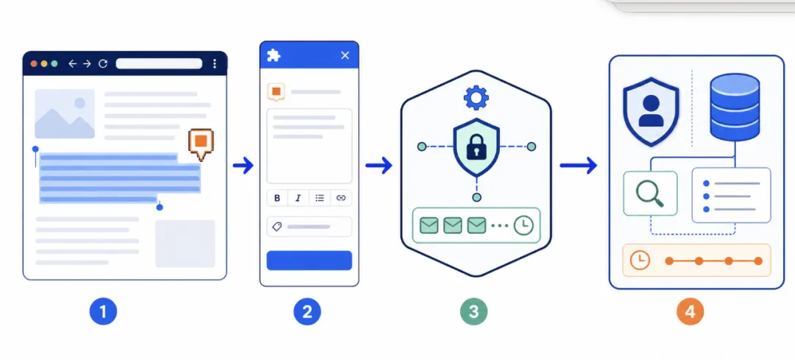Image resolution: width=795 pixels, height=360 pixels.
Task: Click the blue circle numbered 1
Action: pyautogui.click(x=104, y=311)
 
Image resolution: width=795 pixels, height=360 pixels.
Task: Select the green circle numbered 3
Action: pyautogui.click(x=473, y=311)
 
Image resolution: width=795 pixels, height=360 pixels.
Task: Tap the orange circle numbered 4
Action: pyautogui.click(x=690, y=311)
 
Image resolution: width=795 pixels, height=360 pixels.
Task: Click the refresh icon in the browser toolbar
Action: pyautogui.click(x=103, y=64)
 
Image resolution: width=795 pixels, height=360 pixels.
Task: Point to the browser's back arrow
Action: pyautogui.click(x=72, y=64)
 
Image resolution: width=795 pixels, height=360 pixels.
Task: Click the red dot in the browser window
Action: pyautogui.click(x=34, y=64)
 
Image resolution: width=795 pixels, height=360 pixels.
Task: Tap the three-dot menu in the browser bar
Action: pyautogui.click(x=214, y=63)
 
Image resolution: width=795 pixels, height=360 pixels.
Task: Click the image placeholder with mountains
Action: pyautogui.click(x=64, y=113)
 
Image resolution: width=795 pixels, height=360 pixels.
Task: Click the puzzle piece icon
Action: pyautogui.click(x=274, y=55)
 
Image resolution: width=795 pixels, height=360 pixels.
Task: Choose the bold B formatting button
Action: pyautogui.click(x=278, y=198)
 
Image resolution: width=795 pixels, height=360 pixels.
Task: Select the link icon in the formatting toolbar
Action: pyautogui.click(x=341, y=198)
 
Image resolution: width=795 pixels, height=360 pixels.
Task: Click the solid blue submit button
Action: pyautogui.click(x=309, y=260)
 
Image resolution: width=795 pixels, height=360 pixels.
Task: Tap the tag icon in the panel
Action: pyautogui.click(x=277, y=227)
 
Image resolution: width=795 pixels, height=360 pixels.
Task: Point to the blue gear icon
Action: pyautogui.click(x=476, y=98)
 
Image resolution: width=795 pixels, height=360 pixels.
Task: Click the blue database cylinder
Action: pyautogui.click(x=735, y=107)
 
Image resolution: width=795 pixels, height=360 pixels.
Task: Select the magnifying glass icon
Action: pyautogui.click(x=650, y=194)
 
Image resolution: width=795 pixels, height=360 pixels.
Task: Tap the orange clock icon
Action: pyautogui.click(x=640, y=261)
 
